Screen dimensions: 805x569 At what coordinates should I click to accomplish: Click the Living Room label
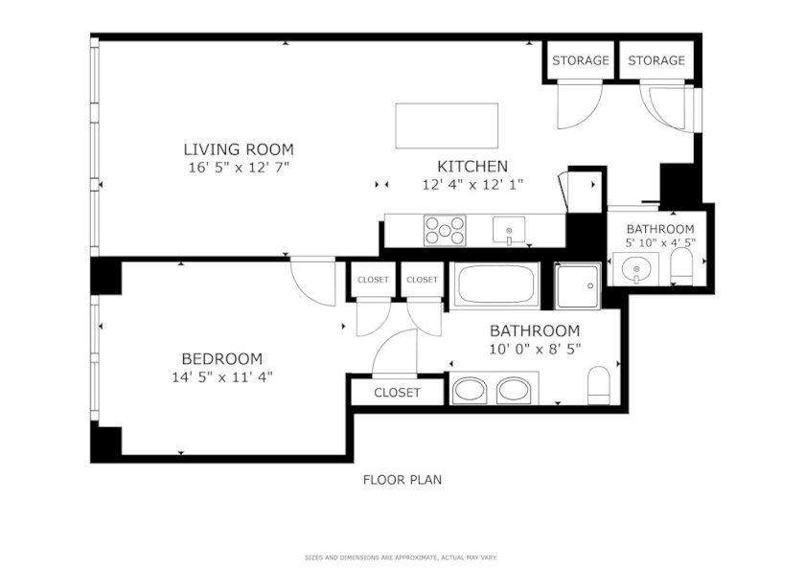pos(239,149)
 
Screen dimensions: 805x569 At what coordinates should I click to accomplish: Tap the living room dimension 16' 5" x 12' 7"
pos(239,168)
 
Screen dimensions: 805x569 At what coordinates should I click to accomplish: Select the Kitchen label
pos(472,167)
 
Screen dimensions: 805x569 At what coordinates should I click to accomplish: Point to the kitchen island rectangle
pos(447,125)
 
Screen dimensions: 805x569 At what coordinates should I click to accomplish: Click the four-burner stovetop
pos(445,230)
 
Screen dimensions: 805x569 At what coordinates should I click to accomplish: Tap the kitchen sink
pos(509,230)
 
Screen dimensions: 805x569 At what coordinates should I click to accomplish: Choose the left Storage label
pos(581,60)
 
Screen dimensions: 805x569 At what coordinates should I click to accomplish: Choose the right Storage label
pos(656,60)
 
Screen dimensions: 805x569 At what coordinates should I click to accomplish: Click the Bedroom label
pos(221,358)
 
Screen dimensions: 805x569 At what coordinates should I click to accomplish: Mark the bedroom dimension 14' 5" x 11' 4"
pos(221,377)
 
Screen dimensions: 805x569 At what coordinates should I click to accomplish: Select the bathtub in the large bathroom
pos(495,284)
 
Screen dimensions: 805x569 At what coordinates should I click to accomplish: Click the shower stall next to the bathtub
pos(578,285)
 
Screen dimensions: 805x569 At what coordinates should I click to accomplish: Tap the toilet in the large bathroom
pos(599,385)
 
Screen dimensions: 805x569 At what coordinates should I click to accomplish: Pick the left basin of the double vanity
pos(471,391)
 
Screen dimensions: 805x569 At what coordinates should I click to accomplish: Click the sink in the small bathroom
pos(636,269)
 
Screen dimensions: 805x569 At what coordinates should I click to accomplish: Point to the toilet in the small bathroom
pos(681,266)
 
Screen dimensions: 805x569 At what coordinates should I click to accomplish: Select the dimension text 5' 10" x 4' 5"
pos(660,242)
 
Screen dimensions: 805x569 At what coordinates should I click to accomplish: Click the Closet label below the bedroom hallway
pos(397,393)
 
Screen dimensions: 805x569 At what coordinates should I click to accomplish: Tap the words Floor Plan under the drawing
pos(402,480)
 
